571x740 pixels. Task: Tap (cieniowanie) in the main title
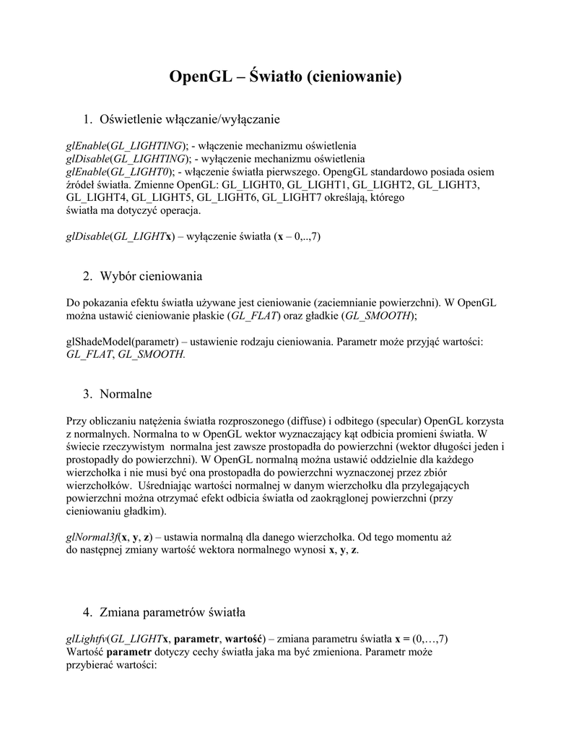tap(354, 77)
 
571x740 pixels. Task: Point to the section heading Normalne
tap(126, 394)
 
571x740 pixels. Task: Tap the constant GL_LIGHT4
tap(96, 197)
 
